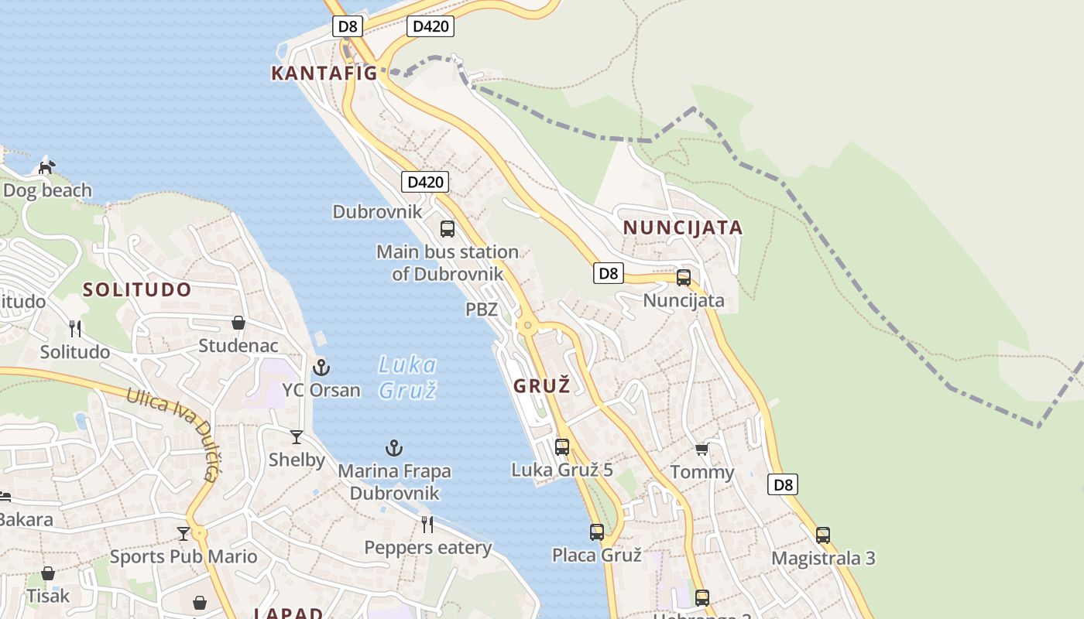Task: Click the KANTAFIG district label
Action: tap(324, 74)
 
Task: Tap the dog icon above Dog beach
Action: tap(47, 166)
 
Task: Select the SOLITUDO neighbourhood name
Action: tap(137, 290)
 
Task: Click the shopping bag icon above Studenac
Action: tap(238, 323)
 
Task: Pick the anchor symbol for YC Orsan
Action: tap(321, 368)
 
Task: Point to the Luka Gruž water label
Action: tap(408, 377)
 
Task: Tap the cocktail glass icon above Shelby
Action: tap(297, 437)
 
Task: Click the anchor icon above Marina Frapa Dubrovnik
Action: tap(394, 448)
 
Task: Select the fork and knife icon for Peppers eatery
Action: tap(427, 525)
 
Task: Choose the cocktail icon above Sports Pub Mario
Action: tap(184, 533)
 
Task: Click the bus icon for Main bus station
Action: tap(448, 229)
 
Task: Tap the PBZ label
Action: tap(481, 309)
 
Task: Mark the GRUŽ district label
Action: tap(542, 385)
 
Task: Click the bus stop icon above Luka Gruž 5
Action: tap(562, 446)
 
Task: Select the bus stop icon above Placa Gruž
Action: tap(597, 532)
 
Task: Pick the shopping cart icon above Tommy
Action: tap(702, 449)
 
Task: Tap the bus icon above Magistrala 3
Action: tap(823, 535)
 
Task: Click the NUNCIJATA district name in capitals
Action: tap(683, 228)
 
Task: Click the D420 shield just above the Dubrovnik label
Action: tap(425, 183)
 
